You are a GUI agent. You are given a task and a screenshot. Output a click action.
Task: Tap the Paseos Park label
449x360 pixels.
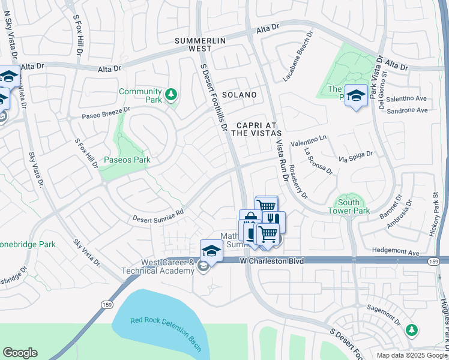point(127,160)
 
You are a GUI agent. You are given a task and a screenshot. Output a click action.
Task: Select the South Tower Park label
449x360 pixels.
point(349,206)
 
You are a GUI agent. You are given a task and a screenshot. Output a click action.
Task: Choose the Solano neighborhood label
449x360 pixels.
point(240,95)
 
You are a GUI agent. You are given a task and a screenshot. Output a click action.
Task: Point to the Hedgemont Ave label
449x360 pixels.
point(397,253)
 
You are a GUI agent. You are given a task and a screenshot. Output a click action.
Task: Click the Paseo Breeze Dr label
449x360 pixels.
point(106,113)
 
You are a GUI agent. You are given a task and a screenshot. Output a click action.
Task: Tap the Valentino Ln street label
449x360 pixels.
point(308,142)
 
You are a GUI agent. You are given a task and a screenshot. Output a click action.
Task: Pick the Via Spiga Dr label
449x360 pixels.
point(356,157)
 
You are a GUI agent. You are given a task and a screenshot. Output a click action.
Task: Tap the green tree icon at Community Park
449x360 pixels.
point(171,94)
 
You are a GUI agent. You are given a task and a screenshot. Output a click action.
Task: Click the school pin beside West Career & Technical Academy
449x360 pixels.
point(211,250)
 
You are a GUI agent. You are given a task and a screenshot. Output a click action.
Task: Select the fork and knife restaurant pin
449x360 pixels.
point(274,221)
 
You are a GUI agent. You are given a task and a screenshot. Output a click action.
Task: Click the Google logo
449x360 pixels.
point(20,353)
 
